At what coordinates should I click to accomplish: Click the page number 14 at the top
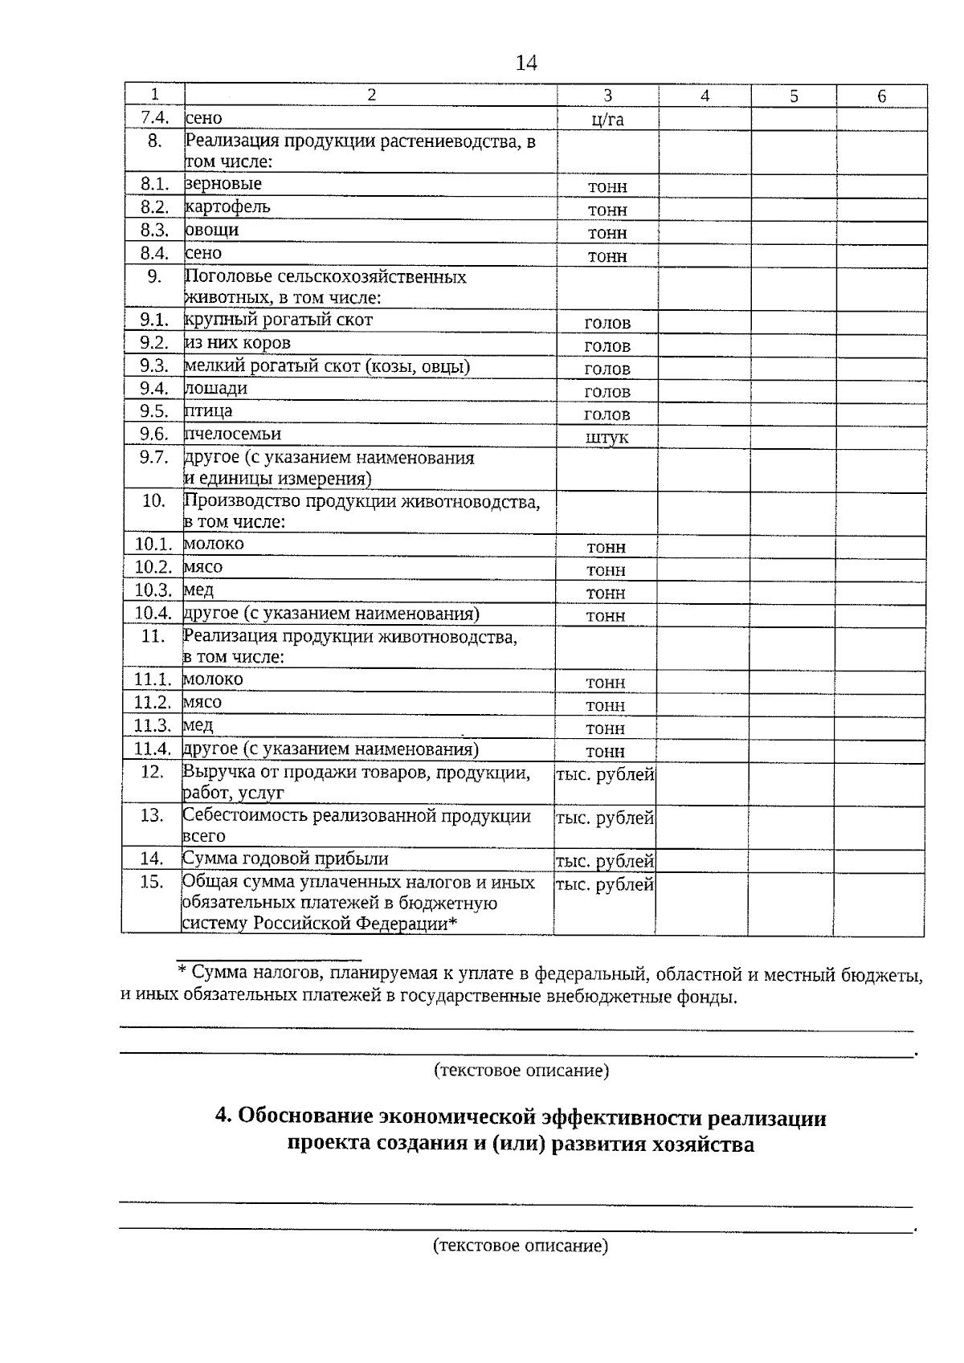click(x=525, y=63)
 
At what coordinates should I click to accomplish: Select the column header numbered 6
click(x=881, y=96)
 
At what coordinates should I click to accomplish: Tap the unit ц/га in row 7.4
click(x=607, y=120)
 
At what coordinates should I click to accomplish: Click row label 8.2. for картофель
click(x=154, y=207)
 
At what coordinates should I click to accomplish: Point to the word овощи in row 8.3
click(x=212, y=231)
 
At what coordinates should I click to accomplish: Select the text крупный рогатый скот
click(x=279, y=320)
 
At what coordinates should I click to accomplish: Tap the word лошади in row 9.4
click(x=216, y=389)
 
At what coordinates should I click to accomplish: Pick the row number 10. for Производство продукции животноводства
click(x=153, y=501)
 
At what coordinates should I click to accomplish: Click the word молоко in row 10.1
click(x=214, y=544)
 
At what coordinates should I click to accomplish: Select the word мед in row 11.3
click(x=198, y=725)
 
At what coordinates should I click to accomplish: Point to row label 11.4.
click(x=153, y=749)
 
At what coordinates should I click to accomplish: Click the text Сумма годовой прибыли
click(x=285, y=859)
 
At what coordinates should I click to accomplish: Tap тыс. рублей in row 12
click(x=605, y=775)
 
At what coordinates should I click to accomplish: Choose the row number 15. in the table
click(x=151, y=882)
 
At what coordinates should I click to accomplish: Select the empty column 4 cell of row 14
click(x=701, y=860)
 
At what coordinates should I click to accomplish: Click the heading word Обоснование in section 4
click(x=305, y=1117)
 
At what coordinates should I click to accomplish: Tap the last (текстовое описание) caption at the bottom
click(x=520, y=1246)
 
